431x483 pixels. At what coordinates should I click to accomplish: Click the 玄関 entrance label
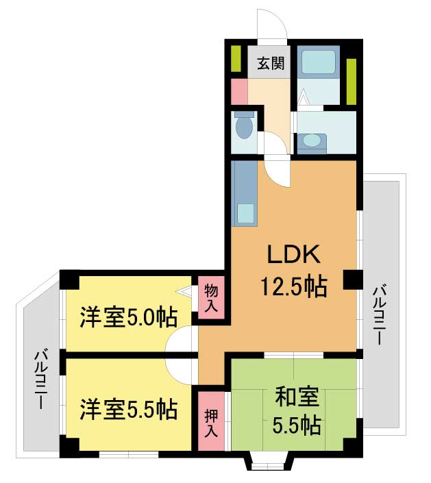click(x=271, y=64)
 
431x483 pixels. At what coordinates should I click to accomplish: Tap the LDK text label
click(x=293, y=254)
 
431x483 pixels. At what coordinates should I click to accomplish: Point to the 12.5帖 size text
click(x=294, y=286)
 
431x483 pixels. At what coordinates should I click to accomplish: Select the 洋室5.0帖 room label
click(x=129, y=317)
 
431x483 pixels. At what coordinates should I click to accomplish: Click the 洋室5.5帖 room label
click(x=129, y=410)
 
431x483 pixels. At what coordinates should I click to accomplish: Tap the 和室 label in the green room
click(x=297, y=397)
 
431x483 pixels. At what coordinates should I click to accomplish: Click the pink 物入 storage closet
click(x=211, y=297)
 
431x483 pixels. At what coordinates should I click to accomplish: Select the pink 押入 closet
click(x=211, y=421)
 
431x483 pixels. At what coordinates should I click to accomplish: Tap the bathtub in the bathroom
click(x=318, y=62)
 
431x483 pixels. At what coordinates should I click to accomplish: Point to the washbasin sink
click(x=312, y=143)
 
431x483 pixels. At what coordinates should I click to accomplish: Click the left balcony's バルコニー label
click(x=40, y=380)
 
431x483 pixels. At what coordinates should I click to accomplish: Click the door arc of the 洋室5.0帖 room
click(x=179, y=339)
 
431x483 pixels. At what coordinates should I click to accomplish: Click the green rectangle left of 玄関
click(x=236, y=59)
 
